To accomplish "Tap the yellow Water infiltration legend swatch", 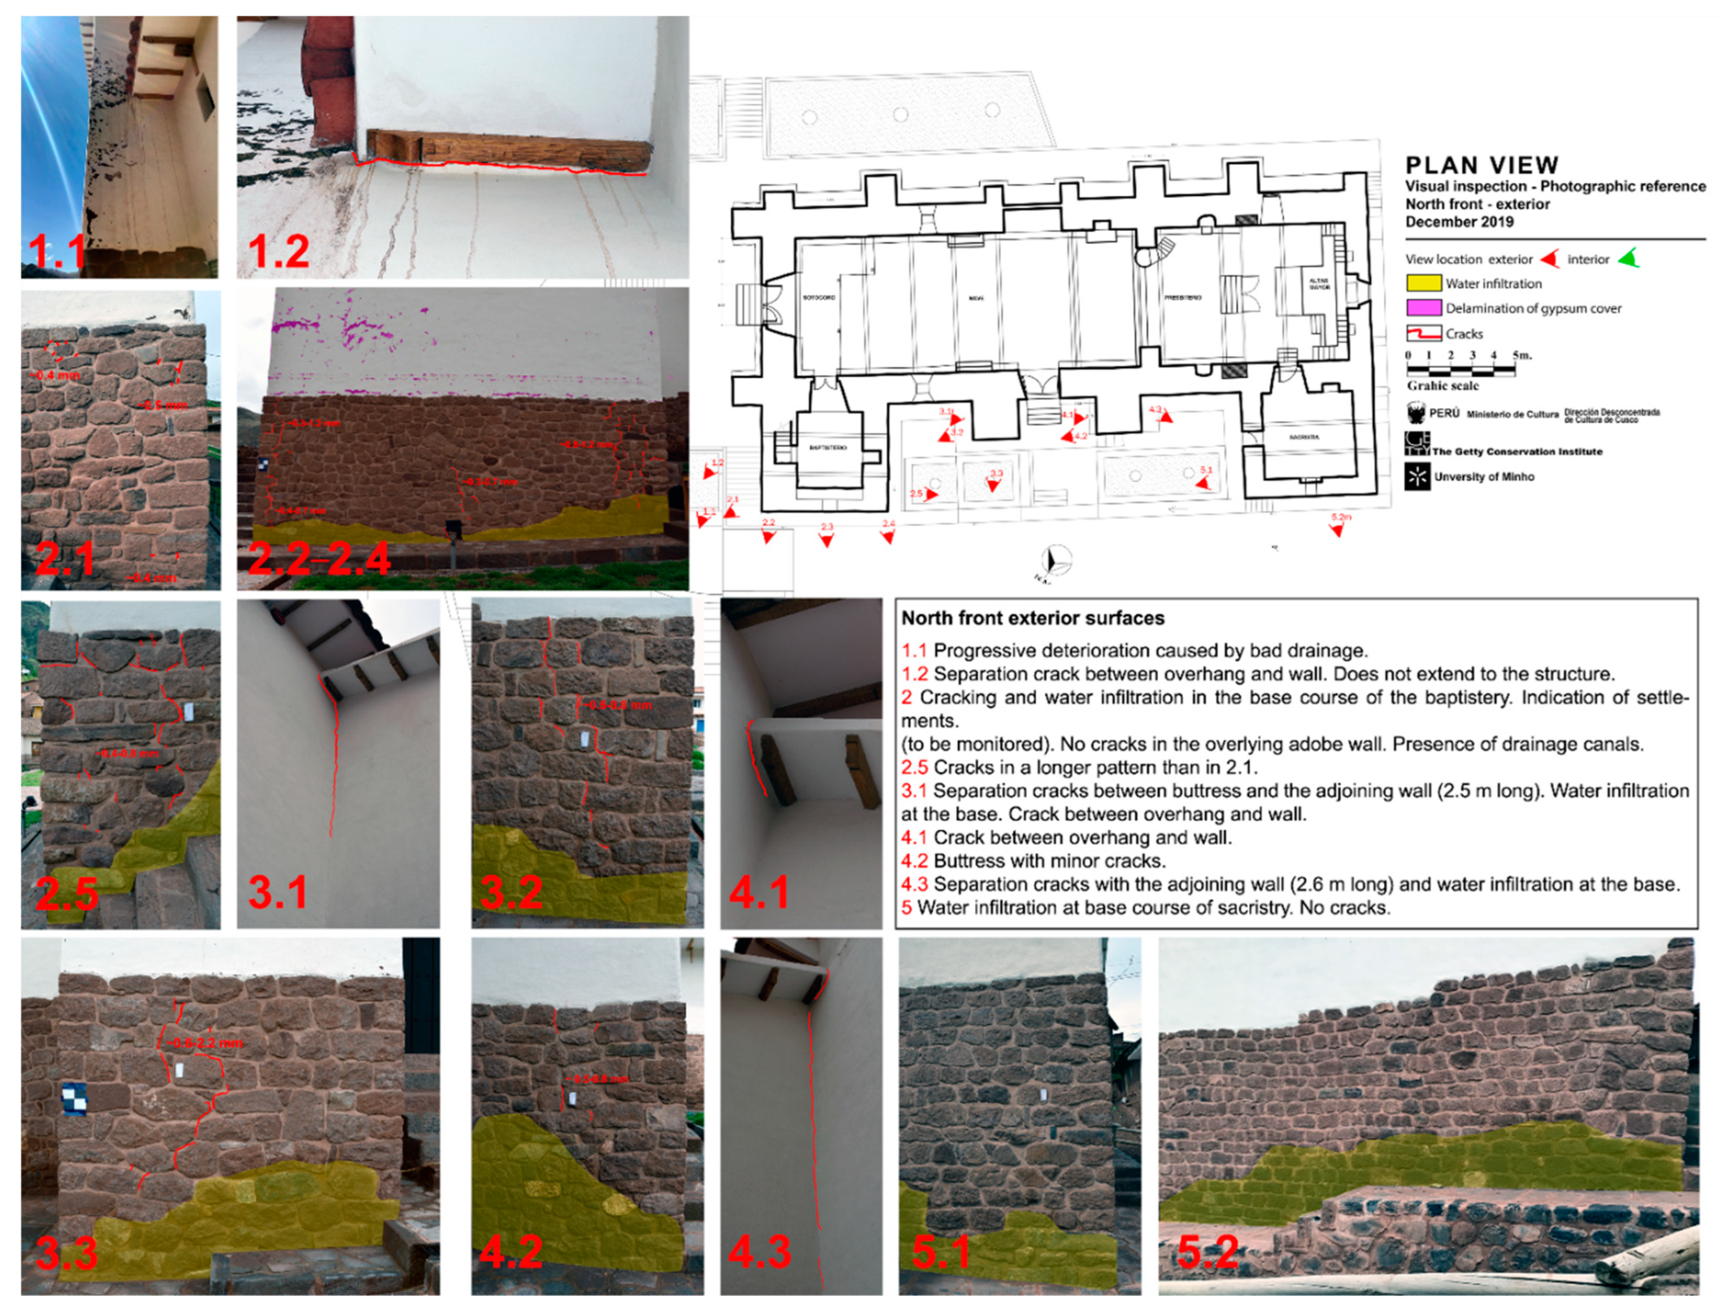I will click(x=1423, y=283).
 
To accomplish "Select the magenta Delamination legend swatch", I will click(x=1423, y=308).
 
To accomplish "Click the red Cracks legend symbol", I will click(x=1423, y=334).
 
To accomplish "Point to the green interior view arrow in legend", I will click(x=1627, y=259).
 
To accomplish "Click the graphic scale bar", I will click(x=1460, y=370).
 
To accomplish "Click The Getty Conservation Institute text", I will click(x=1516, y=452).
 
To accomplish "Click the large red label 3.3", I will click(x=67, y=1253).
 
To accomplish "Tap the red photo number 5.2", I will click(x=1207, y=1253).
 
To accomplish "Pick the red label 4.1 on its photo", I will click(x=758, y=892).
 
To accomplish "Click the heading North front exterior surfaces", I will click(x=1032, y=618).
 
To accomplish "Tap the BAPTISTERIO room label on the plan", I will click(x=828, y=447).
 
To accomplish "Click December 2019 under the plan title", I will click(x=1459, y=222).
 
